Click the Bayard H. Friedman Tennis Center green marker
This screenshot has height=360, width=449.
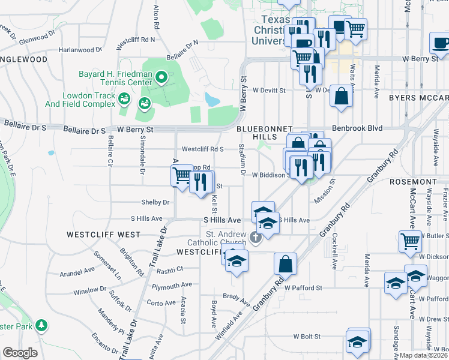(161, 76)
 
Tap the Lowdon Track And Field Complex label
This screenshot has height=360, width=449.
(80, 100)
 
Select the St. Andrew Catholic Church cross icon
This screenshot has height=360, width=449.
(256, 238)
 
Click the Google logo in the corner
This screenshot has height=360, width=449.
(20, 353)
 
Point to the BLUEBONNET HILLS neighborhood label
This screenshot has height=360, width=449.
(264, 133)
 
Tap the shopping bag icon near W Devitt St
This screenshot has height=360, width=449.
(341, 97)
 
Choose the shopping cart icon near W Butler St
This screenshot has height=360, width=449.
(410, 241)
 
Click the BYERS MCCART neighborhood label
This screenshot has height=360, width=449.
(418, 97)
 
